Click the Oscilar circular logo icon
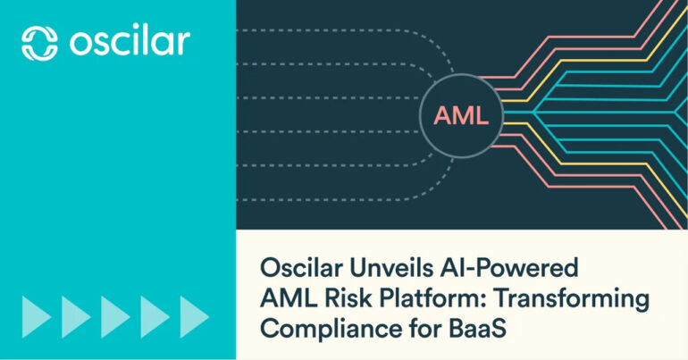pyautogui.click(x=39, y=43)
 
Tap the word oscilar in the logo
pyautogui.click(x=130, y=43)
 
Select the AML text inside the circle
pyautogui.click(x=461, y=116)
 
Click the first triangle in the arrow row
pyautogui.click(x=37, y=317)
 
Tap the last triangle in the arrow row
pyautogui.click(x=195, y=317)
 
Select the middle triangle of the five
pyautogui.click(x=116, y=317)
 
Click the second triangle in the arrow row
pyautogui.click(x=76, y=317)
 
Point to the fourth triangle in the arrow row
pyautogui.click(x=155, y=317)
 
